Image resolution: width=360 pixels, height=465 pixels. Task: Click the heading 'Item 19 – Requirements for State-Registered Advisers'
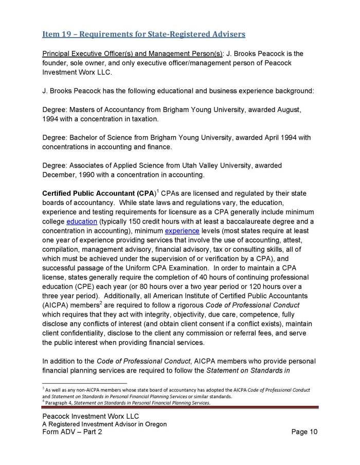(143, 34)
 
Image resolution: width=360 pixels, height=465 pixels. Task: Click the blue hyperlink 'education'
(82, 221)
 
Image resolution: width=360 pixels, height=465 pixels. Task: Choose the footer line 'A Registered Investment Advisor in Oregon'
(104, 424)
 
